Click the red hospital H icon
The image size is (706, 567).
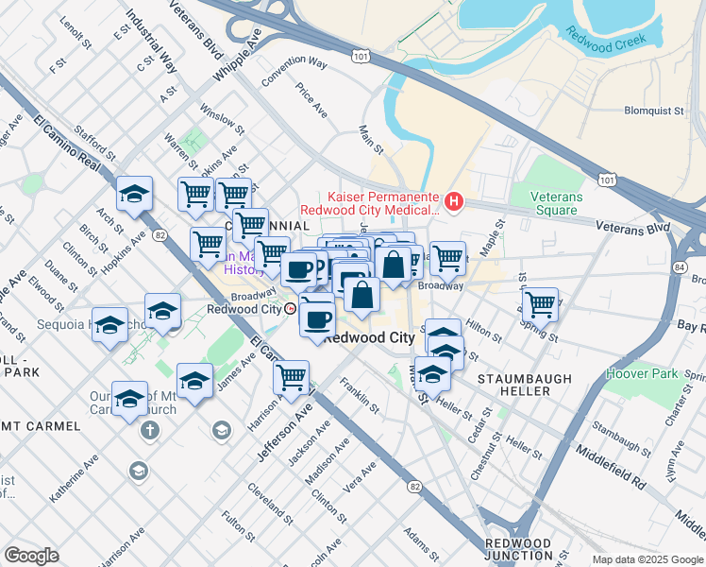pyautogui.click(x=455, y=200)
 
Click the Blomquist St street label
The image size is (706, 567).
pyautogui.click(x=654, y=111)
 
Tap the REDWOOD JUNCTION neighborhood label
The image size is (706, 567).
pyautogui.click(x=517, y=550)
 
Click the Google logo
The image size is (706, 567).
pyautogui.click(x=31, y=556)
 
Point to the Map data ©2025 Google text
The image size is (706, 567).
pyautogui.click(x=647, y=559)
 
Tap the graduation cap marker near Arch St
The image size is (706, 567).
pyautogui.click(x=135, y=196)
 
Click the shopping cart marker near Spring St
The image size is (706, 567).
pyautogui.click(x=539, y=304)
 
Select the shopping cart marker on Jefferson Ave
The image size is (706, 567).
pyautogui.click(x=291, y=377)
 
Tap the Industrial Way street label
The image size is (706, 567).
pyautogui.click(x=151, y=43)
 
